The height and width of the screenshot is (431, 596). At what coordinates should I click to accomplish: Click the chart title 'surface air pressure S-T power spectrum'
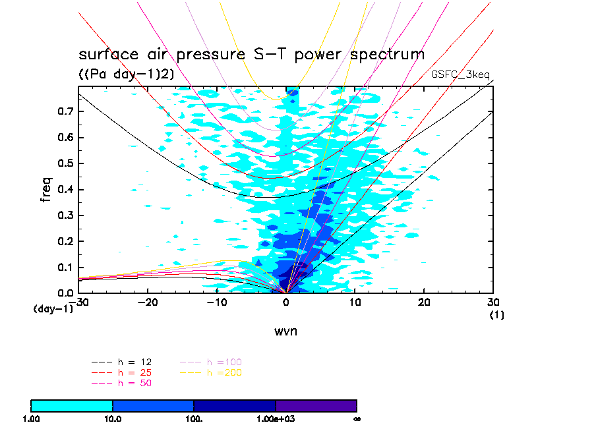point(251,54)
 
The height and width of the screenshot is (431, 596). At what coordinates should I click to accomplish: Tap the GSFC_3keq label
point(460,74)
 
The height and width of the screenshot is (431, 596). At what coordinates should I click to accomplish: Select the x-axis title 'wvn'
point(285,331)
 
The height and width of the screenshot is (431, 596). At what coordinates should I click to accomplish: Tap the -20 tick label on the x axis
point(147,302)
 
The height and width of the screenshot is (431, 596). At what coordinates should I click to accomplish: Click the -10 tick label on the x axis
point(216,302)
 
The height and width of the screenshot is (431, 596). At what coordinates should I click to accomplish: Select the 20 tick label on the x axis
point(425,302)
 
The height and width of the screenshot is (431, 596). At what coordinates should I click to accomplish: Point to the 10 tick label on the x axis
point(355,302)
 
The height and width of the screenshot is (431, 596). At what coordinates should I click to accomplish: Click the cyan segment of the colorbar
point(72,406)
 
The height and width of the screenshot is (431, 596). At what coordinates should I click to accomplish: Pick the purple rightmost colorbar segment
point(316,406)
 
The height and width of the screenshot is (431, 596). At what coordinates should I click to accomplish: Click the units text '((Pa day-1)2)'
point(127,74)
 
